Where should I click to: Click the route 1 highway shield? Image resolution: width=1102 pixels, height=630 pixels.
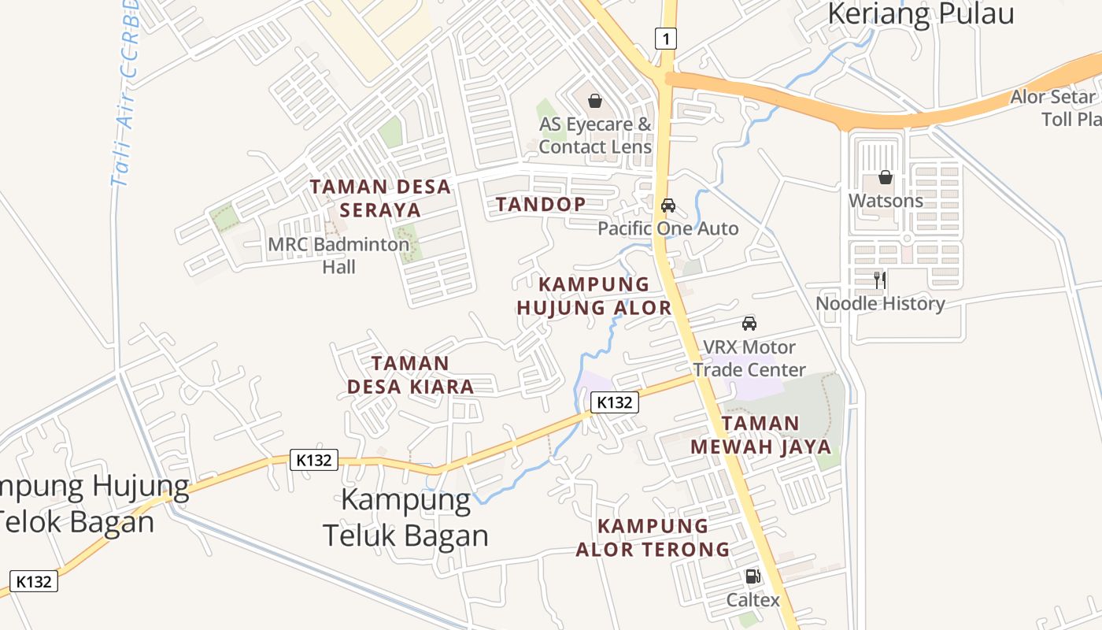click(666, 37)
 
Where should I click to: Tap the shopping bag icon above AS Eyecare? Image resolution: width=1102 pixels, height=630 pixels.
click(595, 101)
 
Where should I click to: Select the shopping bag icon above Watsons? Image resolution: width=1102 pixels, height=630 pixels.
click(886, 177)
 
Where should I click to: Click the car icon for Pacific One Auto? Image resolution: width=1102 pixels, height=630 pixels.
click(668, 206)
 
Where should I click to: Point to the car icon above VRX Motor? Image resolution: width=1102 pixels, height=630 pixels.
click(749, 323)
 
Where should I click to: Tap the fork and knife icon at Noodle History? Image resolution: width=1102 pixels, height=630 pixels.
click(880, 280)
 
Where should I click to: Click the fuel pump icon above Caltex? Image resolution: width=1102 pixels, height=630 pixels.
click(753, 577)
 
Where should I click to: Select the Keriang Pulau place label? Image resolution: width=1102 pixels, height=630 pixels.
click(921, 13)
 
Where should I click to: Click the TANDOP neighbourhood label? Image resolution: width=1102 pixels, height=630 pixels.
click(541, 205)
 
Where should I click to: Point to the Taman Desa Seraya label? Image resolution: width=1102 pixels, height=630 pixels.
click(381, 198)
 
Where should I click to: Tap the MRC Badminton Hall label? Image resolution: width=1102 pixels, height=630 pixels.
click(339, 255)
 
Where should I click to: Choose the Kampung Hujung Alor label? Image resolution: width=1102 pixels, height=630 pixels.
click(594, 296)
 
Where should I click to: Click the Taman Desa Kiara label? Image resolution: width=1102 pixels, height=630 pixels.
click(410, 375)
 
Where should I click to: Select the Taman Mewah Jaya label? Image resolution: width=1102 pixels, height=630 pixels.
click(760, 435)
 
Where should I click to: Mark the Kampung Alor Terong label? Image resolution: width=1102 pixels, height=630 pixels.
click(653, 537)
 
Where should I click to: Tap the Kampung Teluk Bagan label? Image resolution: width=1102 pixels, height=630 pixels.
click(406, 517)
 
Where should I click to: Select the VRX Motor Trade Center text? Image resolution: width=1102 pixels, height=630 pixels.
click(749, 358)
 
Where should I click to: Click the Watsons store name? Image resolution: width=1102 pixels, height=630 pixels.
click(886, 201)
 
